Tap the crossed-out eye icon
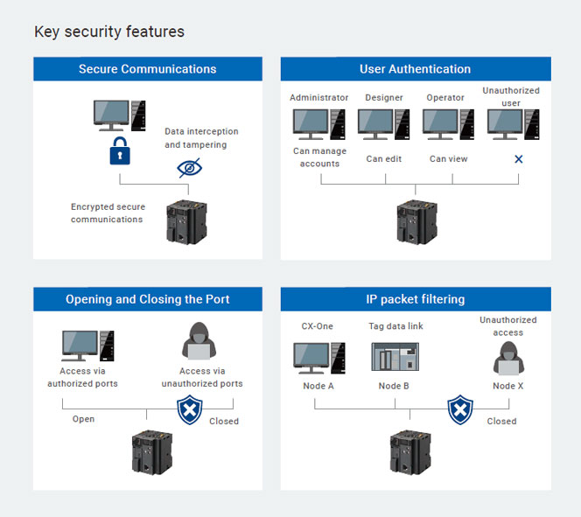pos(189,168)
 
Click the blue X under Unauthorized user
pos(519,159)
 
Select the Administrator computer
pos(319,124)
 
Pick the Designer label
pos(384,98)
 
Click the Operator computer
pos(448,124)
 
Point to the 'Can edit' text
pos(384,159)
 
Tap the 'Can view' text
pos(448,159)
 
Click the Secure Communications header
pos(148,69)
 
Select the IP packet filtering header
pos(416,299)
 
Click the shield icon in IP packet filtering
pos(460,409)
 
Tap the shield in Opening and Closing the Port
pos(190,409)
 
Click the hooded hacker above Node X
pos(508,359)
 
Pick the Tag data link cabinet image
pos(395,357)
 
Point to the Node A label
pos(318,386)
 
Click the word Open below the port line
pos(83,419)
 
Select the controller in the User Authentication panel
pos(416,222)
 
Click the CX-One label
pos(317,326)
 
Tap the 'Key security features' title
pos(109,31)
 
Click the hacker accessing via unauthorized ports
pos(199,340)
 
